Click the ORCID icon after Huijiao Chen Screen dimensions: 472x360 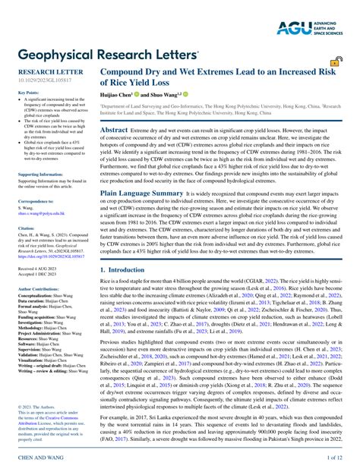click(137, 94)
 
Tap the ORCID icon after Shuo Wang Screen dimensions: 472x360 click(185, 94)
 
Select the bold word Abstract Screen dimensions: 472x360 click(114, 130)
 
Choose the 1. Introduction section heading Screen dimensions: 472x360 click(126, 269)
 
